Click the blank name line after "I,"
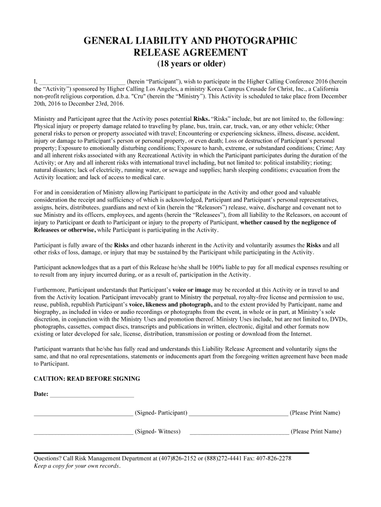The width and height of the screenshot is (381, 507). click(x=82, y=82)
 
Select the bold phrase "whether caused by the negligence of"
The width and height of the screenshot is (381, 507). click(x=288, y=222)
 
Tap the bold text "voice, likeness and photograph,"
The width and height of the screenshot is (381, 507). click(x=171, y=304)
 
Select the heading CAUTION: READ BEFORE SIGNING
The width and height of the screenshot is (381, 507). click(x=87, y=379)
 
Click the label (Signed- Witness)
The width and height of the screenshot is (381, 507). click(x=158, y=431)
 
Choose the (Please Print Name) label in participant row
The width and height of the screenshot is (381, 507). click(x=315, y=412)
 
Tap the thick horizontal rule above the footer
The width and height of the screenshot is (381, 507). click(x=171, y=453)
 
